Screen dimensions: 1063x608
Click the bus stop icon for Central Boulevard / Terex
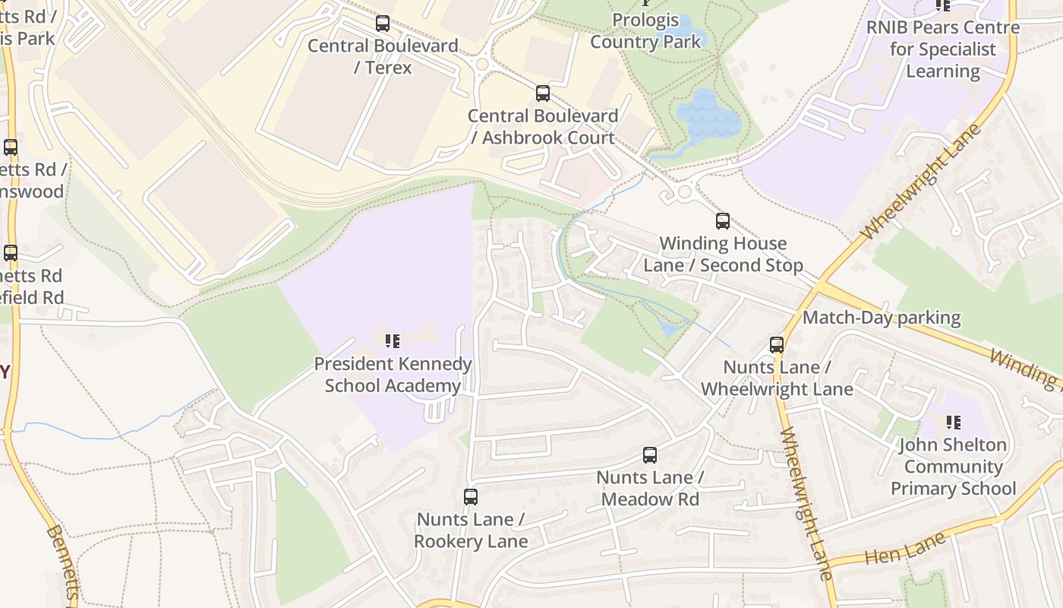(x=383, y=24)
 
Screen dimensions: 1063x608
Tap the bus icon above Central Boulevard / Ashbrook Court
(x=543, y=93)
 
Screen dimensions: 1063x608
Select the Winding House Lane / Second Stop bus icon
(x=723, y=221)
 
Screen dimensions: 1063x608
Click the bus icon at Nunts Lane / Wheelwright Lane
(x=777, y=345)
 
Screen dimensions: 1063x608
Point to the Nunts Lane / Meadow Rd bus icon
(x=650, y=455)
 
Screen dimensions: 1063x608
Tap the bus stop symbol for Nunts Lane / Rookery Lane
(x=471, y=497)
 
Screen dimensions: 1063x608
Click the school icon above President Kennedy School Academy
(x=392, y=341)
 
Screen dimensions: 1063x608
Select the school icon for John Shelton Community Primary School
(x=954, y=422)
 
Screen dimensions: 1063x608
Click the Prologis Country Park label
(x=645, y=30)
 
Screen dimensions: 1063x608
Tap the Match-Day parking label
(x=882, y=318)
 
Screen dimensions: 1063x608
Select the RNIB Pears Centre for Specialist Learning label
(x=943, y=49)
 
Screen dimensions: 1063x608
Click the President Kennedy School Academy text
(x=393, y=375)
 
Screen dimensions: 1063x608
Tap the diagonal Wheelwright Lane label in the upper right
(x=921, y=182)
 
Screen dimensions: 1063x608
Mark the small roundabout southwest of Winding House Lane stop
(x=684, y=192)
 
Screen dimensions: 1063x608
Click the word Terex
(x=388, y=68)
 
